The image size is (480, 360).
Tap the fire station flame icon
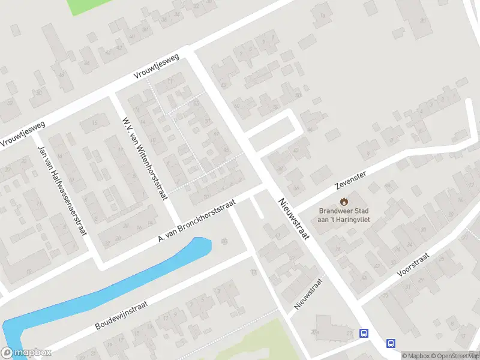pyautogui.click(x=344, y=202)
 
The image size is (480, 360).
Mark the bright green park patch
pyautogui.click(x=83, y=6)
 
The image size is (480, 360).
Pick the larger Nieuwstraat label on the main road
pyautogui.click(x=293, y=218)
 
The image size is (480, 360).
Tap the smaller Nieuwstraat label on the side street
pyautogui.click(x=309, y=293)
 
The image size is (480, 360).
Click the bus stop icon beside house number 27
pyautogui.click(x=363, y=333)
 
